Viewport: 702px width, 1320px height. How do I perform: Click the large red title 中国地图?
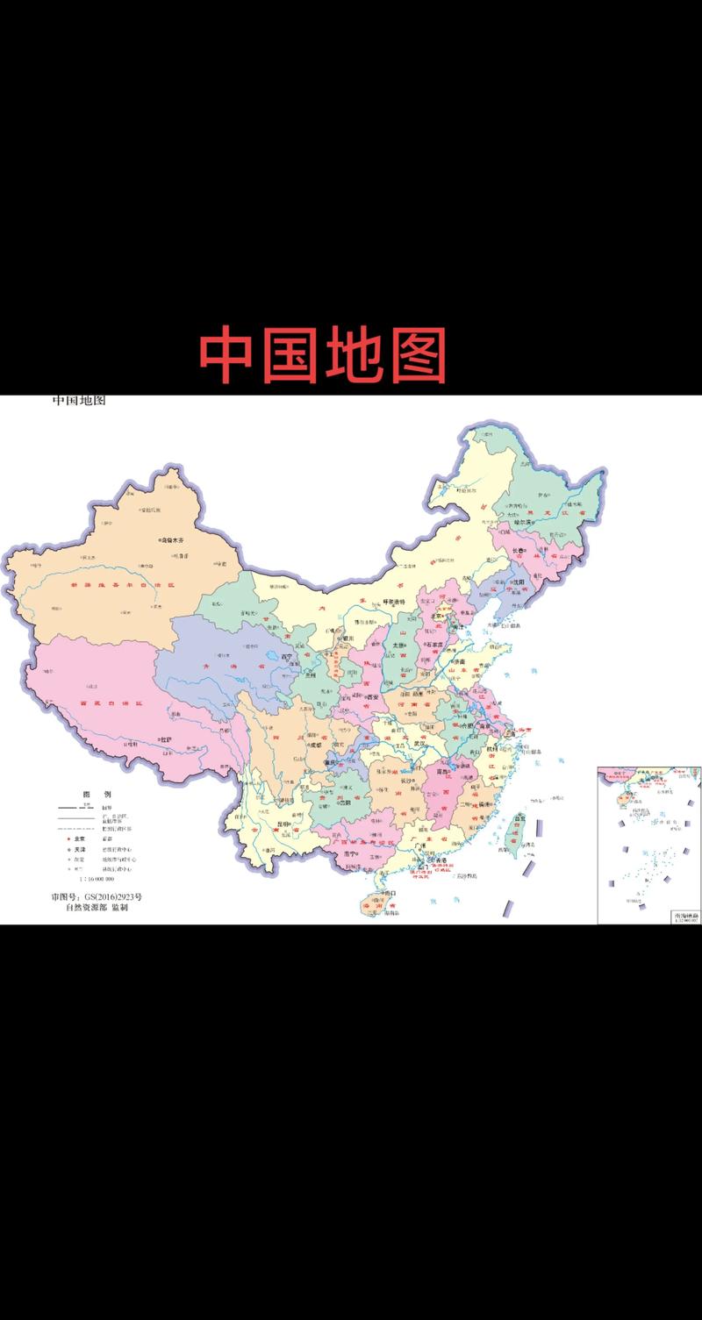(323, 355)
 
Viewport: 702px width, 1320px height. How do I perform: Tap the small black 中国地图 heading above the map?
(78, 402)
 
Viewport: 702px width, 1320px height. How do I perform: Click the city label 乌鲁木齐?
(175, 541)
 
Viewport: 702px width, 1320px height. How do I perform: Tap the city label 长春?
(509, 552)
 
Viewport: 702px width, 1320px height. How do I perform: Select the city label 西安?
(372, 696)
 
